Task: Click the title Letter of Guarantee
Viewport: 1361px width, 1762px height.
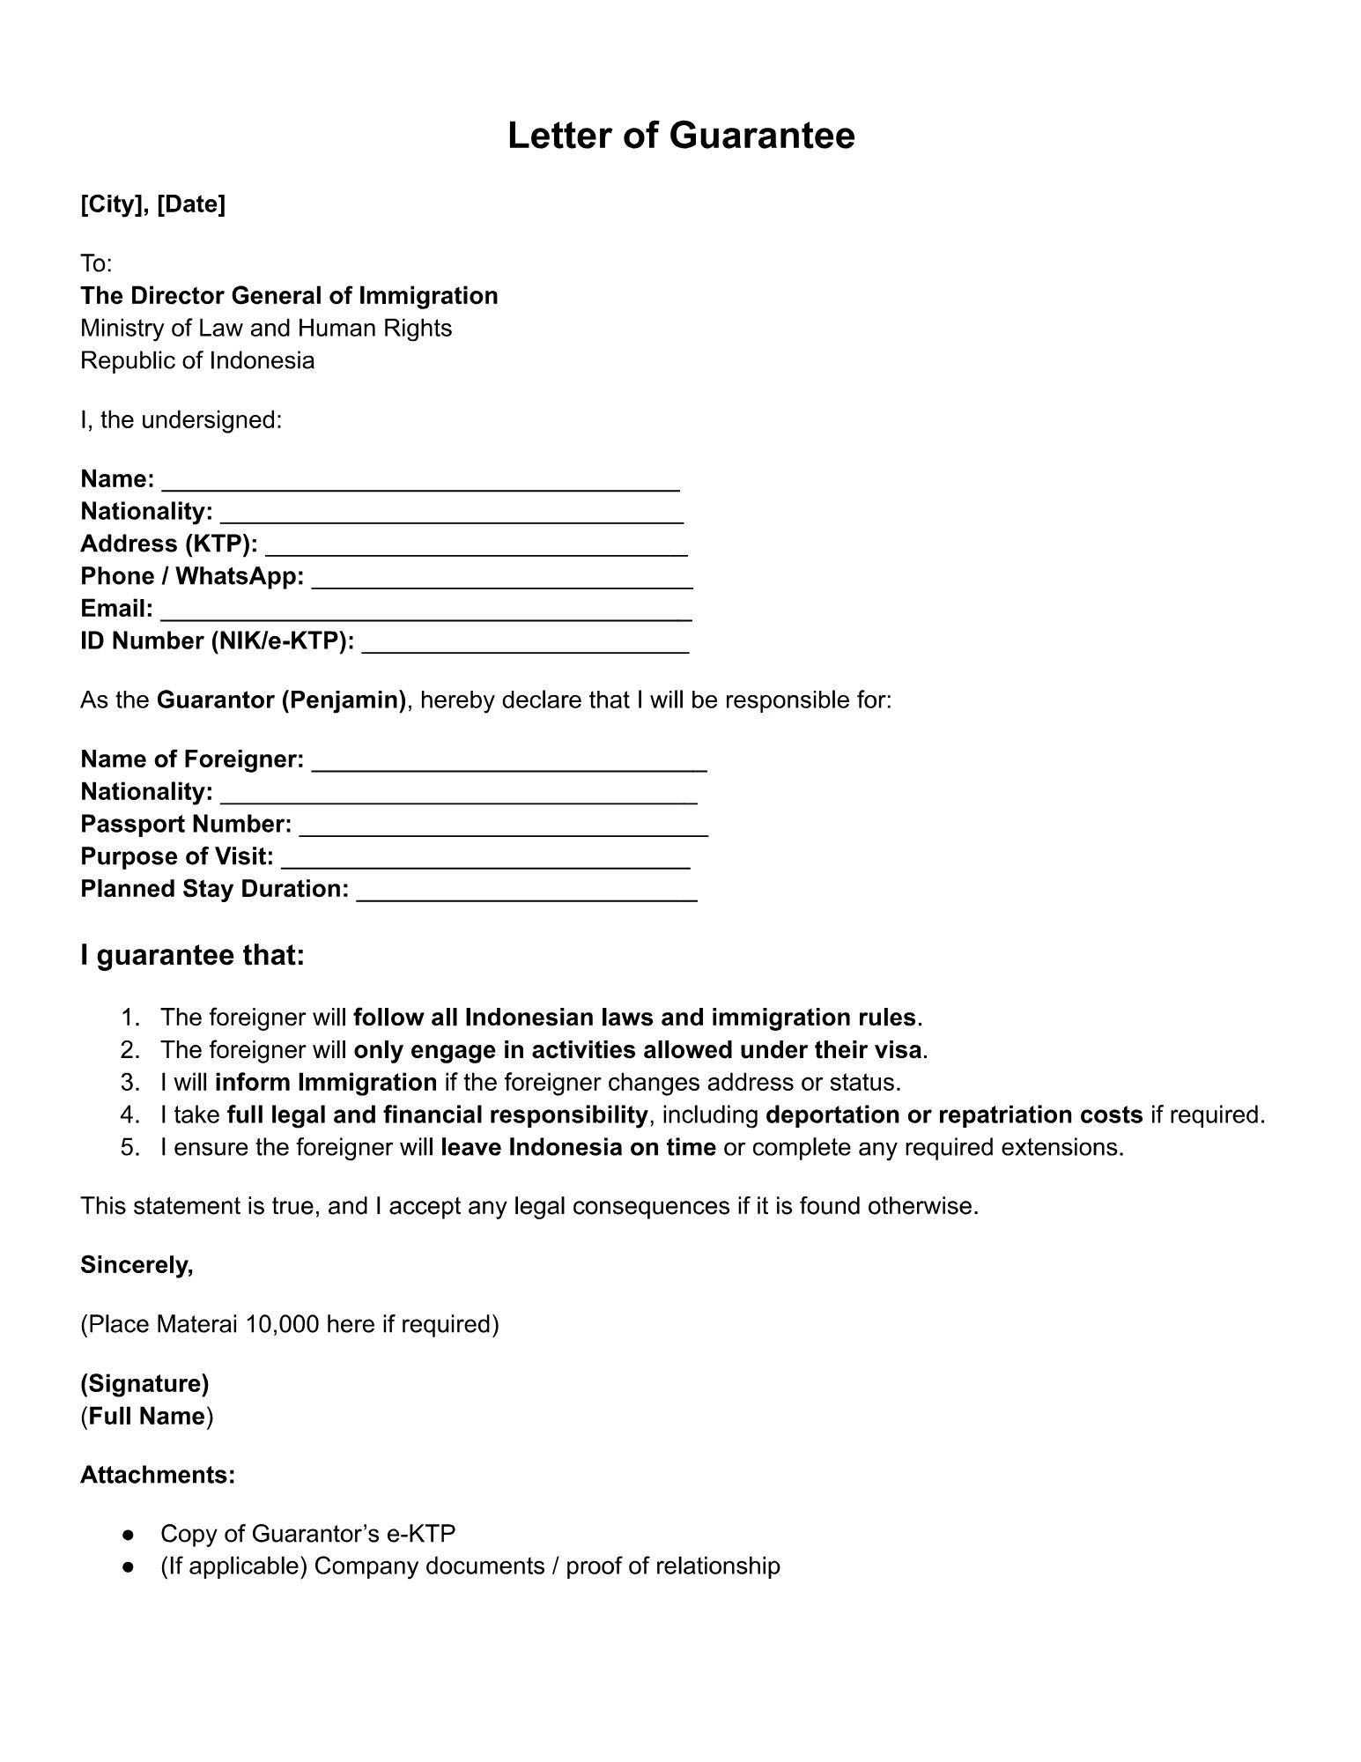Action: point(680,137)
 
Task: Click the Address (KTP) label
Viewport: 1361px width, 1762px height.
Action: point(168,544)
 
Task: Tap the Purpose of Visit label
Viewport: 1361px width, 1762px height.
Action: point(176,856)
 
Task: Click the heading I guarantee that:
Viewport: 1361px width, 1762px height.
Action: point(192,956)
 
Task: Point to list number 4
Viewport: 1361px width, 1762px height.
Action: point(130,1115)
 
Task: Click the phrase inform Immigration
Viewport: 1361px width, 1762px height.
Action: point(325,1083)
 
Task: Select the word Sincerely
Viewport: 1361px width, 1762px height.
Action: point(137,1265)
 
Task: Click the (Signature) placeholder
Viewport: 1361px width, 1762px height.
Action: point(144,1384)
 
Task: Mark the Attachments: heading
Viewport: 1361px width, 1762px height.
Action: point(158,1475)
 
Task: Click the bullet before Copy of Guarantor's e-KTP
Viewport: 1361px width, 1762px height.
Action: point(129,1535)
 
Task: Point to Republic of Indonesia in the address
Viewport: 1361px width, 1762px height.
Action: point(197,360)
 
